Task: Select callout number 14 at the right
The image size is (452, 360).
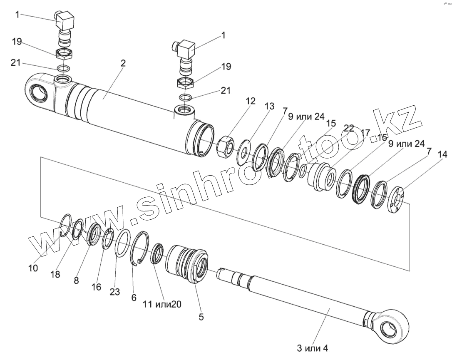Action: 442,155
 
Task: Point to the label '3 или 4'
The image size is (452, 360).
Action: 313,348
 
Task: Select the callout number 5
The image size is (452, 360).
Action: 201,317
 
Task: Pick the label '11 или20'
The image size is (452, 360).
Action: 162,304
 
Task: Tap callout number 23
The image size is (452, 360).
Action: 115,292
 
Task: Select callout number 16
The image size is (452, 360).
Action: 96,287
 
